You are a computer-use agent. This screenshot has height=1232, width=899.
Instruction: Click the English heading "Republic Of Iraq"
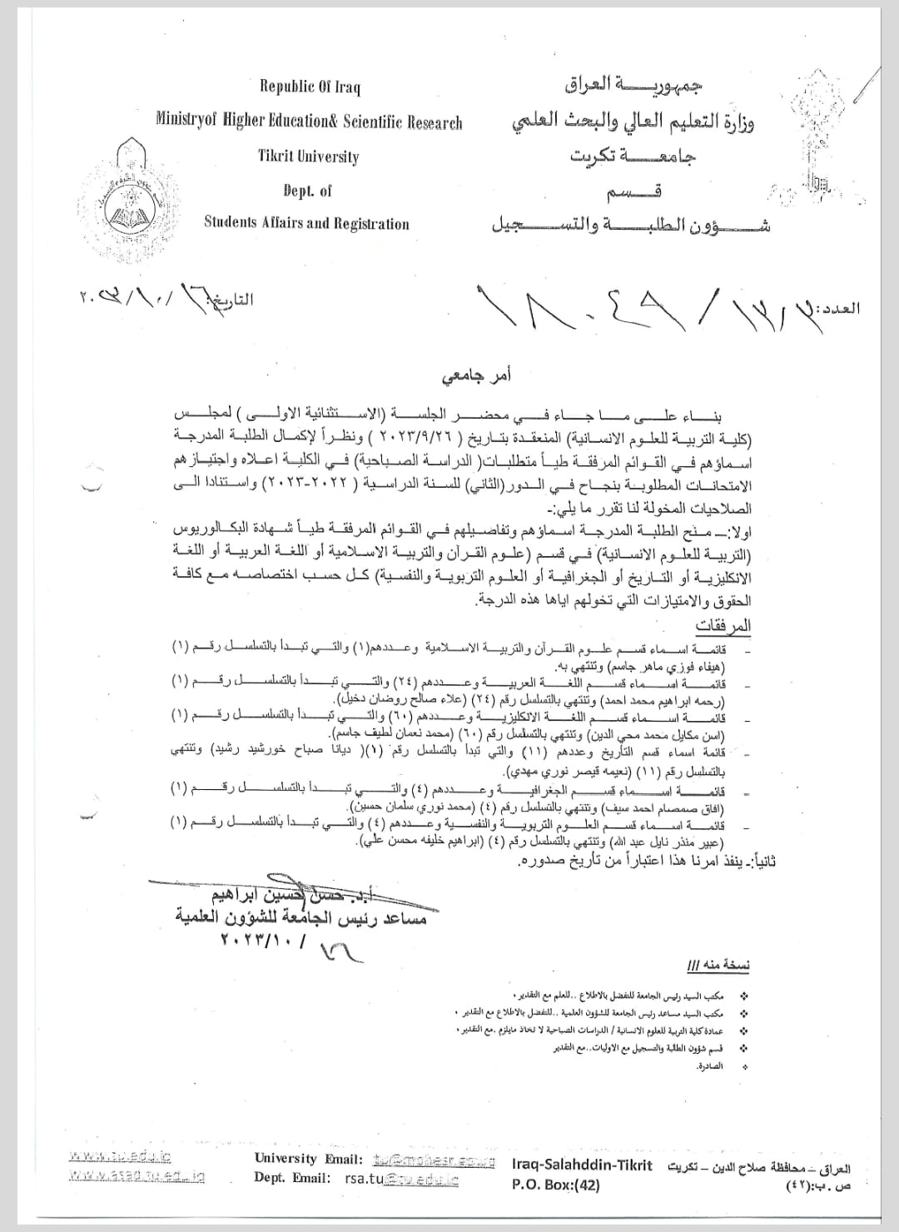tap(310, 87)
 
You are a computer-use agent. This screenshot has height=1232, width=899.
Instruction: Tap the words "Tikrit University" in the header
tap(308, 156)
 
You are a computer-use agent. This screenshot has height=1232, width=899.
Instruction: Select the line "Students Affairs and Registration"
tap(306, 223)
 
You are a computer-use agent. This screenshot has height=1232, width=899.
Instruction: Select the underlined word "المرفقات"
tap(723, 625)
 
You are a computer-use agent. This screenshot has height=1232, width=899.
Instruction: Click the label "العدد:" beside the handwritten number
tap(839, 308)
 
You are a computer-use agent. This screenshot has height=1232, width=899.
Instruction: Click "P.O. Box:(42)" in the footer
tap(555, 1185)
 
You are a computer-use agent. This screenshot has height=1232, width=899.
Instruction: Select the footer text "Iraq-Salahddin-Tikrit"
tap(582, 1166)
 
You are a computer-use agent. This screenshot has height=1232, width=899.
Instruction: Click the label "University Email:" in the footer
tap(308, 1159)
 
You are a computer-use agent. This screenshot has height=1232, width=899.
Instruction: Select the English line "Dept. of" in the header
tap(307, 191)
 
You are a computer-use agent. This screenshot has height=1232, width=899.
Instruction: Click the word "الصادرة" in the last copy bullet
tap(710, 1066)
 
